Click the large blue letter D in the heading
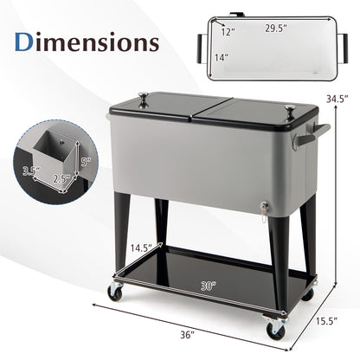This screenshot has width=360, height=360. [25, 43]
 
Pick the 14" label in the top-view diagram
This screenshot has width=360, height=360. [222, 58]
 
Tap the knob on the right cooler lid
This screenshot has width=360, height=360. [287, 109]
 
